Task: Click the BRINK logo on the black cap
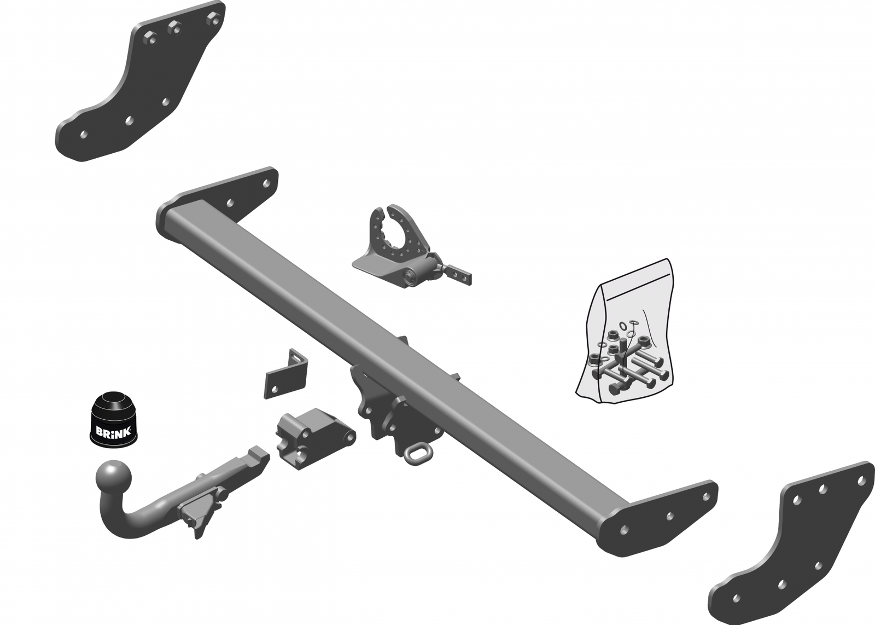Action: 113,432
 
